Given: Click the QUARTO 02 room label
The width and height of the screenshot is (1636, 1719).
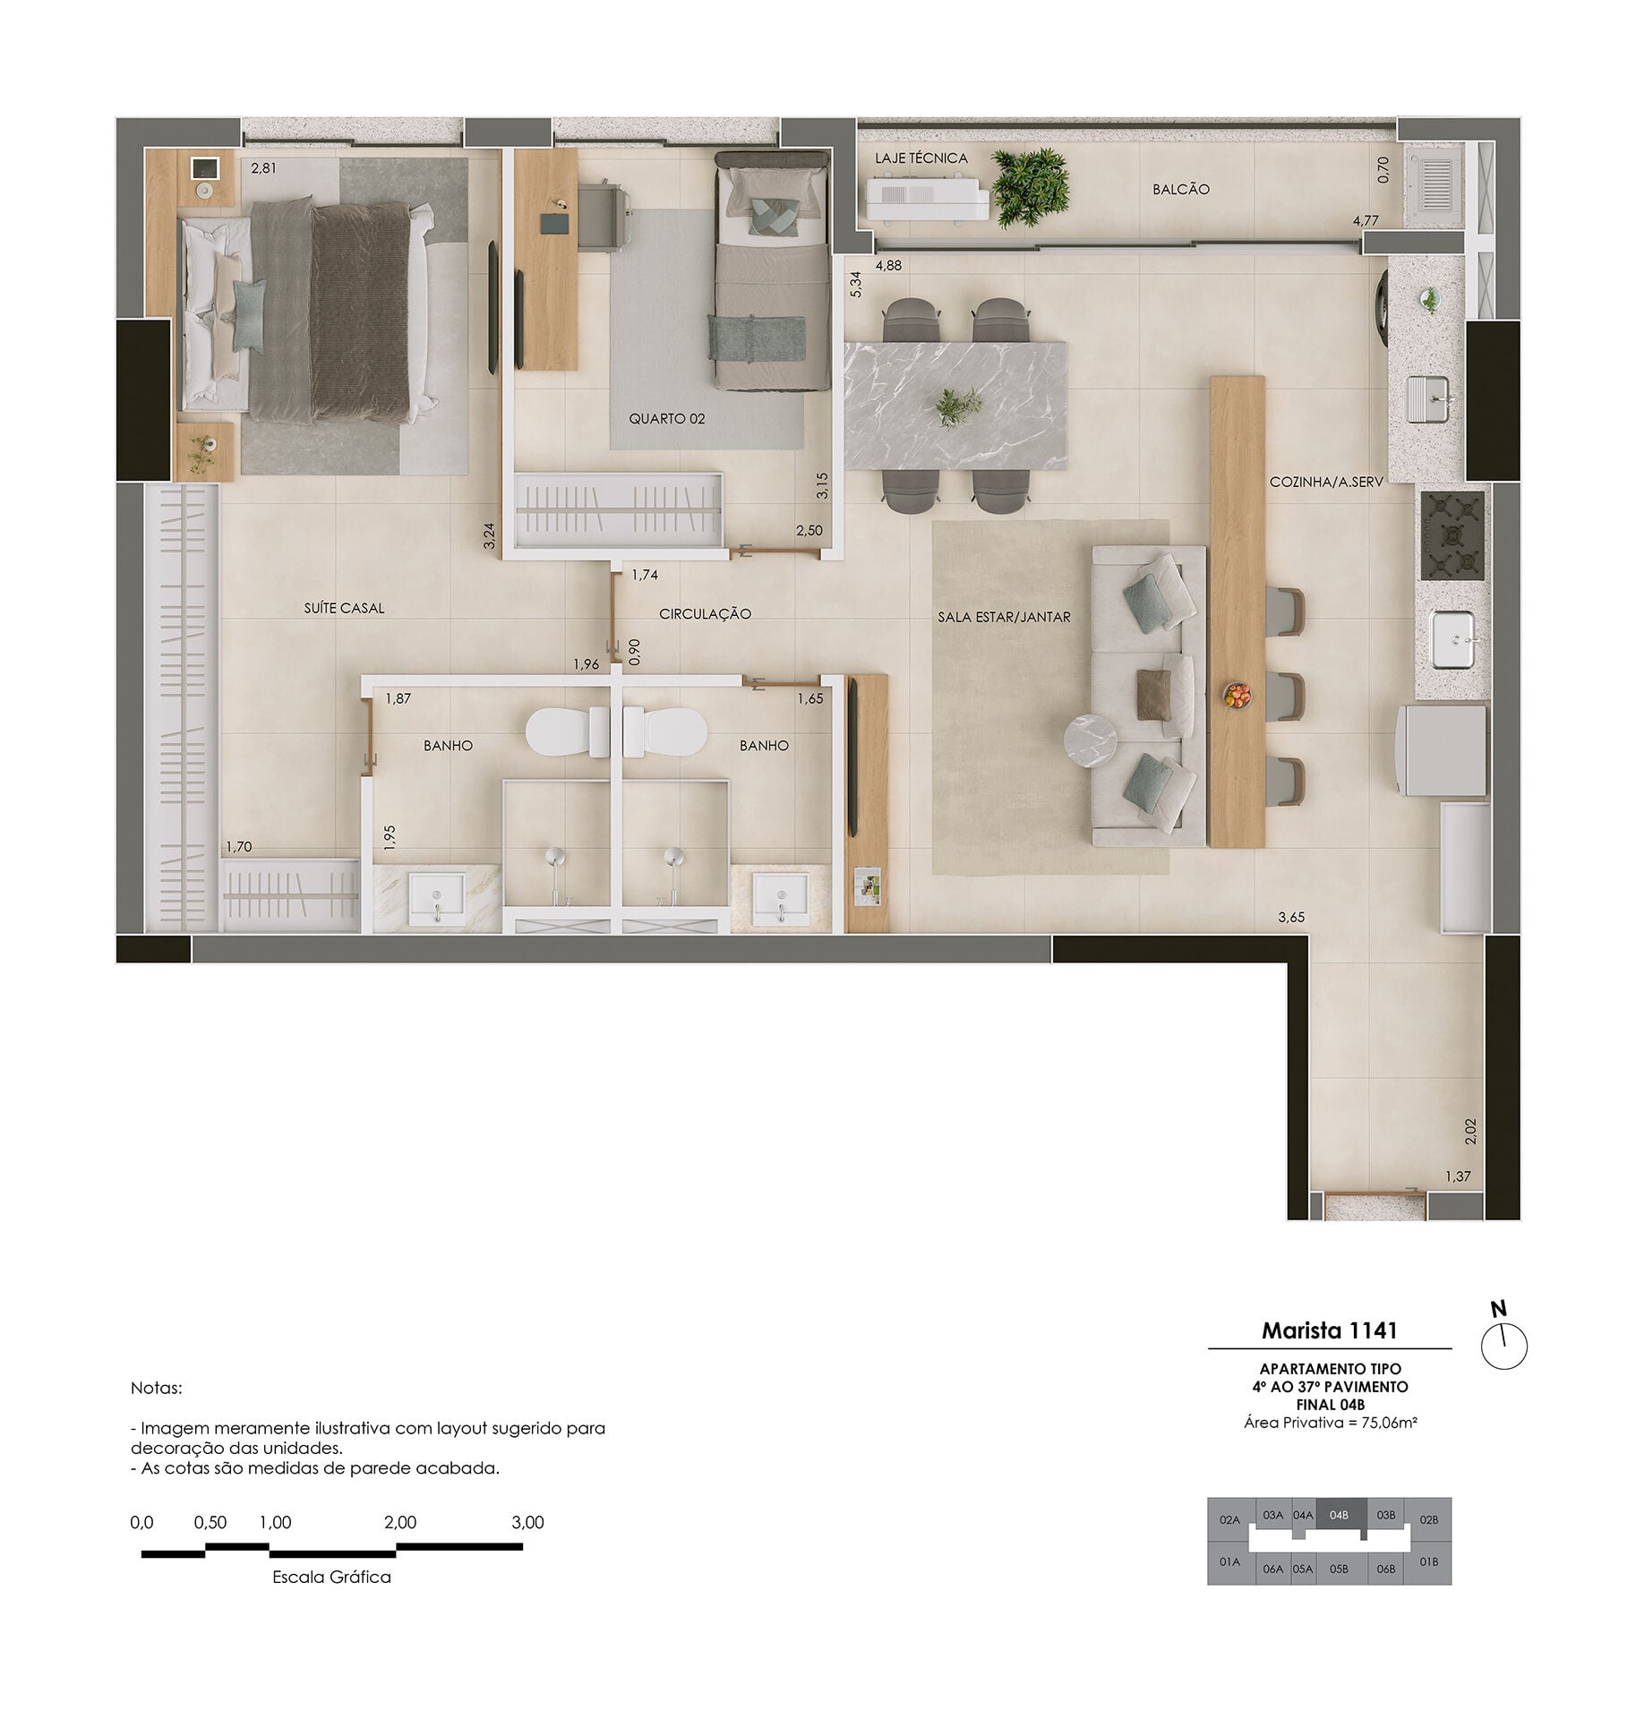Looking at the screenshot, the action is tap(666, 418).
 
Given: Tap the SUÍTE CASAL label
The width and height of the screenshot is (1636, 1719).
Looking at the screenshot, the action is tap(344, 608).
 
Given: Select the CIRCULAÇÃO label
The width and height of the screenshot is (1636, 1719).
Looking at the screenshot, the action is tap(705, 613).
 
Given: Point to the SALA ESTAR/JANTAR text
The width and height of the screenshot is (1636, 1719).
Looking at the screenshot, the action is tap(1004, 617).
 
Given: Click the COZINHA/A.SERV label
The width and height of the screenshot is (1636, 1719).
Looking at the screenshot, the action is tap(1326, 482).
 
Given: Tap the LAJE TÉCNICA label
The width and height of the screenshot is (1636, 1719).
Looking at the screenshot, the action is tap(921, 158).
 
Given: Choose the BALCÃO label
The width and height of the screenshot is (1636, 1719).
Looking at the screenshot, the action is tap(1181, 190).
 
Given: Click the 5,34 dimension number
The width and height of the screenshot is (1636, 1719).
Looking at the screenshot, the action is tap(856, 284).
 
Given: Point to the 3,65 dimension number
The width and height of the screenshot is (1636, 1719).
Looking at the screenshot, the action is tap(1291, 917).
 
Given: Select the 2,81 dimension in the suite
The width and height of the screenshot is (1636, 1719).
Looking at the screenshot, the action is tap(264, 167).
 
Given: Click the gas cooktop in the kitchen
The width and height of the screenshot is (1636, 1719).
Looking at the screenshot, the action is tap(1452, 535).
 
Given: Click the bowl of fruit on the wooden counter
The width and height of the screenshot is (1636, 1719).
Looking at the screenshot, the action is tap(1237, 696).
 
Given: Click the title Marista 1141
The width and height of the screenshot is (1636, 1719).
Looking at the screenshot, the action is tap(1329, 1330).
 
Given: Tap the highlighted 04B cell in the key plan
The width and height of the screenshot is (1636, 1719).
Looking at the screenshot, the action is tap(1340, 1516).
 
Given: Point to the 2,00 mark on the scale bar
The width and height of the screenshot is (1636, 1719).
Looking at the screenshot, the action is tap(399, 1523).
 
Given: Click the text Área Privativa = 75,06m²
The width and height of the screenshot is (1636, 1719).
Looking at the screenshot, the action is tap(1330, 1422).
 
